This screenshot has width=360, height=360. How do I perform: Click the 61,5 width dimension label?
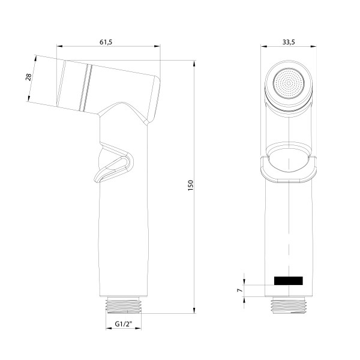(x=106, y=41)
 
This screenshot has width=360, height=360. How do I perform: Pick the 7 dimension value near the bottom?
(x=239, y=290)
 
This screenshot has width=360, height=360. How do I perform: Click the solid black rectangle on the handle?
(x=288, y=280)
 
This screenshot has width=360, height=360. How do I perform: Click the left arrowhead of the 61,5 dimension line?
(x=60, y=47)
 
